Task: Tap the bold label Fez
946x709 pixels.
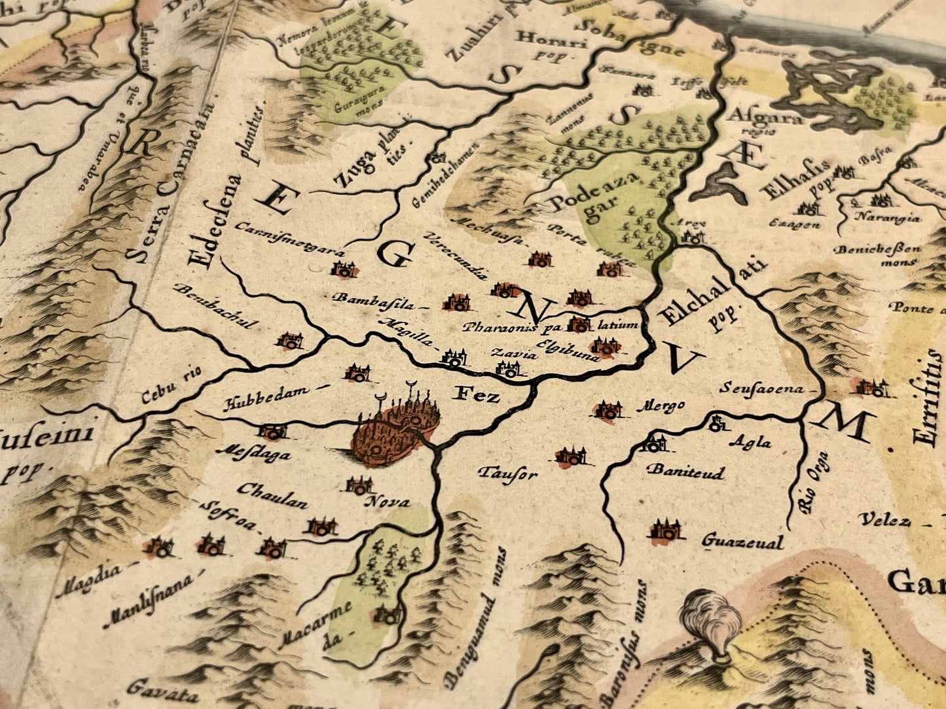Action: tap(476, 395)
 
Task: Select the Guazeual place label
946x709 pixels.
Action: tap(742, 542)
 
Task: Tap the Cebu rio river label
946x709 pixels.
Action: tap(172, 387)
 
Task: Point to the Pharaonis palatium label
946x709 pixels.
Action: tap(550, 326)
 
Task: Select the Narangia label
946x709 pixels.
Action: tap(888, 218)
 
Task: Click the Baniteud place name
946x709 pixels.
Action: tap(685, 471)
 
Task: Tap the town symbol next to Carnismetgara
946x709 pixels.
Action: tap(344, 268)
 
